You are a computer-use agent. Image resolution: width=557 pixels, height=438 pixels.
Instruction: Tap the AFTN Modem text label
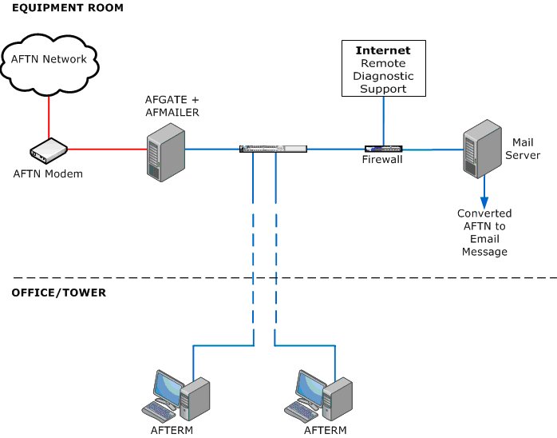(x=48, y=173)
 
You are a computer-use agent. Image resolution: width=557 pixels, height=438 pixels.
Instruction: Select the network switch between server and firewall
(x=273, y=149)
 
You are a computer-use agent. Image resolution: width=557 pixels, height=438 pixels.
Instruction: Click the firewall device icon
(x=384, y=149)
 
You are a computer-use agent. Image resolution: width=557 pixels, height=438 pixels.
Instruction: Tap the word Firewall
(x=383, y=160)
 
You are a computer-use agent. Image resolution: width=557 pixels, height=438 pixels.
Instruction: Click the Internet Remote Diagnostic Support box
(x=382, y=68)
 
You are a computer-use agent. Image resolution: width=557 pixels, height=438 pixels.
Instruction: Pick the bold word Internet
(x=382, y=51)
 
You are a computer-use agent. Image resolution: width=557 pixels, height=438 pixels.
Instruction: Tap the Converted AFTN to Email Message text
(x=484, y=233)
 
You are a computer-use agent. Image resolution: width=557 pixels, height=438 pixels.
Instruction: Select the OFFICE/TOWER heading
(x=58, y=293)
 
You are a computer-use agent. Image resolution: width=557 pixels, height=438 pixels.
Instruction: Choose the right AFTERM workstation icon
(x=319, y=396)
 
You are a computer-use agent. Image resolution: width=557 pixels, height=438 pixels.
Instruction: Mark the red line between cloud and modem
(x=49, y=114)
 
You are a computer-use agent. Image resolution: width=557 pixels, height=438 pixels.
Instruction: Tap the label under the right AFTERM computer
(x=326, y=430)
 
